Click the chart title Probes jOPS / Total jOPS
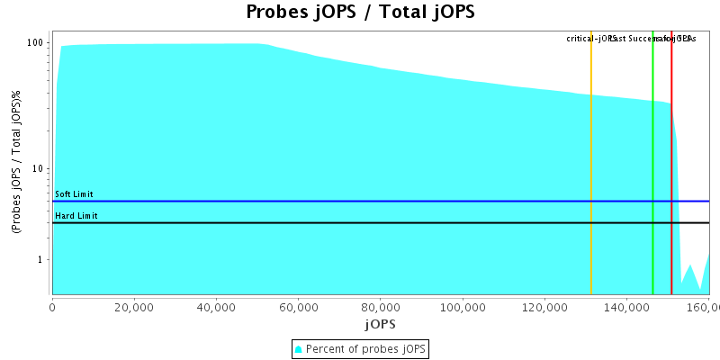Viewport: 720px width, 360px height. tap(360, 13)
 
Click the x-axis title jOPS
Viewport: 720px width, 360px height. tap(380, 323)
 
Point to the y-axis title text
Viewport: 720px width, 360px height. tap(17, 163)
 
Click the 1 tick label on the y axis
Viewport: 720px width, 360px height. tap(42, 260)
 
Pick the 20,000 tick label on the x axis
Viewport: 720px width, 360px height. tap(134, 307)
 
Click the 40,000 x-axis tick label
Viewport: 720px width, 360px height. tap(216, 307)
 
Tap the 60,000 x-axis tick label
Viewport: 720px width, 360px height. tap(299, 307)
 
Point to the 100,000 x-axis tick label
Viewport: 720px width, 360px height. tap(463, 307)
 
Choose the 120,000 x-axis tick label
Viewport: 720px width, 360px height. tap(544, 307)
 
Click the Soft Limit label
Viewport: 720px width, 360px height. tap(74, 194)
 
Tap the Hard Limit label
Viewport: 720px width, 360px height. tap(76, 216)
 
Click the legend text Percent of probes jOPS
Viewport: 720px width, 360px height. tap(366, 348)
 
